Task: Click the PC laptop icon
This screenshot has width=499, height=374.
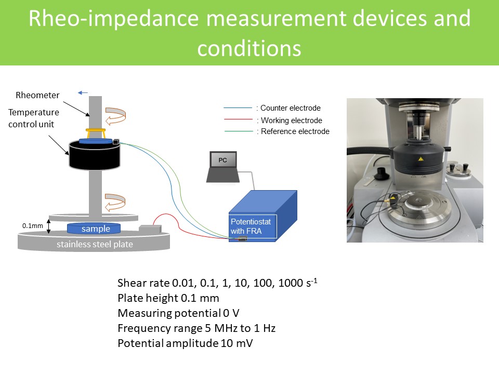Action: (x=223, y=167)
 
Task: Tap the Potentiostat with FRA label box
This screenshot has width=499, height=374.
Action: (x=253, y=226)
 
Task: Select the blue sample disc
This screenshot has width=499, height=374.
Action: (x=94, y=229)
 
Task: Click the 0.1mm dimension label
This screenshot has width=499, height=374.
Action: (x=32, y=226)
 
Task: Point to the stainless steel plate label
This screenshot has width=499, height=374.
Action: (x=95, y=244)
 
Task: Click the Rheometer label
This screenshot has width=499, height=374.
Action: (x=37, y=95)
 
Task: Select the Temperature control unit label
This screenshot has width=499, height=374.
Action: (x=34, y=118)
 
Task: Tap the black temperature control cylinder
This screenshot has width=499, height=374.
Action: (x=95, y=155)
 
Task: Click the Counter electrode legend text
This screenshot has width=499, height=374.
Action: (x=291, y=108)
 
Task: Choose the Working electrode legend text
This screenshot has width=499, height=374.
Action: (x=292, y=121)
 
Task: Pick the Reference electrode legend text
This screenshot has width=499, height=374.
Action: (x=295, y=131)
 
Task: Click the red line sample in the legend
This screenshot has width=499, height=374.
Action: (x=239, y=119)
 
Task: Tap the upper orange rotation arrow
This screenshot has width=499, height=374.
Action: (x=115, y=116)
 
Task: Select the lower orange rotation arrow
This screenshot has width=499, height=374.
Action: (x=115, y=202)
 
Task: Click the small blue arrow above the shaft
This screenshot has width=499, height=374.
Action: (x=83, y=93)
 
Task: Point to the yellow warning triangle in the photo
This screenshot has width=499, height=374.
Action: (x=421, y=159)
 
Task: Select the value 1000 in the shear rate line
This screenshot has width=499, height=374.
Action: (x=291, y=283)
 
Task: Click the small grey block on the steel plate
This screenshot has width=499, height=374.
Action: (x=150, y=229)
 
